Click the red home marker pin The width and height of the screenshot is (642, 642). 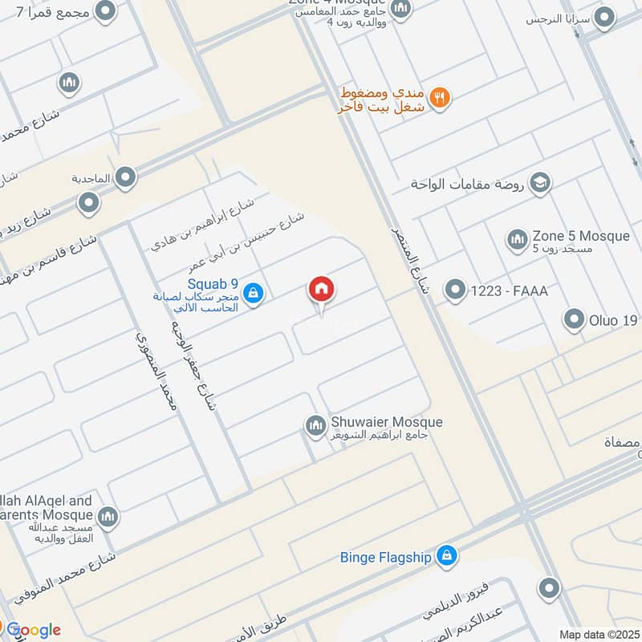(321, 291)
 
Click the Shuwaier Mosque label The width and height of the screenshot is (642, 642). (386, 422)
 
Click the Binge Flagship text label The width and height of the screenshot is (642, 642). (385, 555)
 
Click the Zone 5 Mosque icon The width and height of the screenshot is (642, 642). (516, 239)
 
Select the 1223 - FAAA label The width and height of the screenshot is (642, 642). (510, 291)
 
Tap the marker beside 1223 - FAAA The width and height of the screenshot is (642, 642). (456, 290)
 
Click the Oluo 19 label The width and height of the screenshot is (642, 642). (613, 321)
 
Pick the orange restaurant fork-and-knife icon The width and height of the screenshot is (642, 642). (439, 98)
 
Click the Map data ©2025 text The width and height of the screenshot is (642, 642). (598, 634)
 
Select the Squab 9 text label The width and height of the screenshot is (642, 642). (213, 282)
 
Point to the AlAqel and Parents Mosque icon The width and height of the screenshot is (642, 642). (108, 518)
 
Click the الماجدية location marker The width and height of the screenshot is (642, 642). (125, 177)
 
